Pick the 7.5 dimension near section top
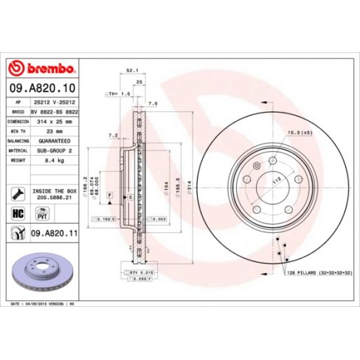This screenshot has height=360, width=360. click(x=152, y=104)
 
